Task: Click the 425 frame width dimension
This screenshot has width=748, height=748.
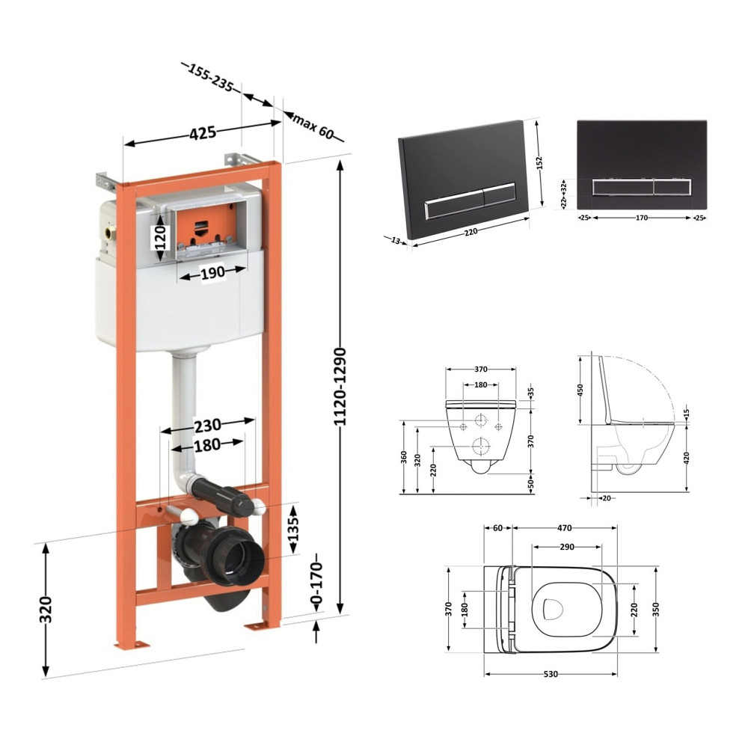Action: (x=203, y=133)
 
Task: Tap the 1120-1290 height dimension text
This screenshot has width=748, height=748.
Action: (x=340, y=387)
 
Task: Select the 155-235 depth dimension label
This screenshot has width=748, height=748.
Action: (x=210, y=77)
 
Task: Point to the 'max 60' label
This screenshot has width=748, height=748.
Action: (x=313, y=126)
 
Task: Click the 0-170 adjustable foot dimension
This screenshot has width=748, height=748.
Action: (x=316, y=583)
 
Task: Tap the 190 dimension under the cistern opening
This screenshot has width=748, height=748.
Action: (x=212, y=273)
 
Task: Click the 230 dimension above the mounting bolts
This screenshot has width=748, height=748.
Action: (x=207, y=425)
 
